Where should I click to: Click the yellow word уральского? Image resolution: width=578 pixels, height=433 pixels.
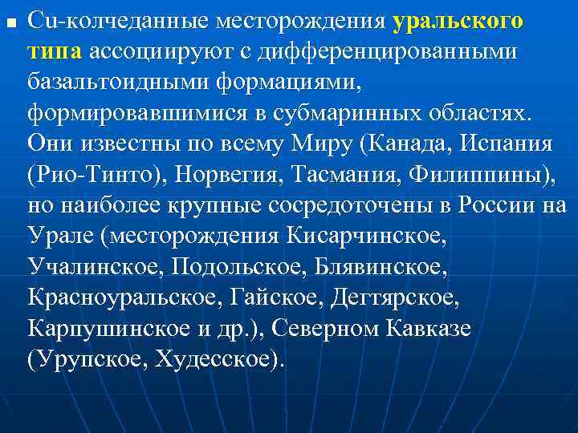458,21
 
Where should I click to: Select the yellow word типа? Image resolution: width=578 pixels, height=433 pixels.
54,51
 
